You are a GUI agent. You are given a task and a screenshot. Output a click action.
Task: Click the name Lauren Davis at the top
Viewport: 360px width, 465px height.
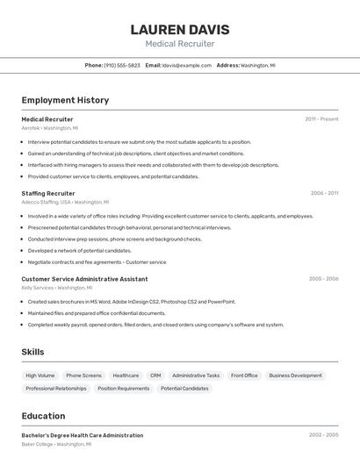pos(180,29)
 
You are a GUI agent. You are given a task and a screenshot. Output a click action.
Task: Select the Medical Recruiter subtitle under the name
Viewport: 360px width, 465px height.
pos(180,44)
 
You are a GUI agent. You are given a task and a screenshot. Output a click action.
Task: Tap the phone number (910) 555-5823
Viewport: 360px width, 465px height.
pos(122,65)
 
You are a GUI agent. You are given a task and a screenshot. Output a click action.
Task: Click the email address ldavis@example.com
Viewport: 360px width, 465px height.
pos(186,65)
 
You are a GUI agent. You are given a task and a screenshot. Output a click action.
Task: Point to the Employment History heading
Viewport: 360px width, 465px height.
pos(65,100)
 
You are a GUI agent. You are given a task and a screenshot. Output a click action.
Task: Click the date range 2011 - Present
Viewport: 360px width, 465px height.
pos(321,118)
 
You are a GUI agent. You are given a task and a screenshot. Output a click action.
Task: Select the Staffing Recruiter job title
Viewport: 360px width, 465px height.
pos(48,193)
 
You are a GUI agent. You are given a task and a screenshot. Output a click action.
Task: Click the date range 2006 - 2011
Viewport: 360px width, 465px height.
pos(324,193)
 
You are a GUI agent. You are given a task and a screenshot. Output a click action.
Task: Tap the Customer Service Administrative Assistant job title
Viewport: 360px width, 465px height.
pos(84,279)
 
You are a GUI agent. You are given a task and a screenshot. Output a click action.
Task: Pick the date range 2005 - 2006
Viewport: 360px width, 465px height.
pos(323,279)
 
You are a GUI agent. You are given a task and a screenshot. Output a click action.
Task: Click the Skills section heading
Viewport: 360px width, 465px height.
pos(33,352)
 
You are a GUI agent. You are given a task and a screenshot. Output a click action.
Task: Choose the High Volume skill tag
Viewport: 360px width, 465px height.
pos(40,376)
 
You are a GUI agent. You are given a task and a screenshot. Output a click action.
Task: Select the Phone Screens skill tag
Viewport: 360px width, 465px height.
pos(83,376)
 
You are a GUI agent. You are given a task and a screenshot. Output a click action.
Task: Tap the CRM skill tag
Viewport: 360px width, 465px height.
pos(155,376)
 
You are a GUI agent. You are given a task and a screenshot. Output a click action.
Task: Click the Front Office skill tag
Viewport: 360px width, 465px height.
pos(244,376)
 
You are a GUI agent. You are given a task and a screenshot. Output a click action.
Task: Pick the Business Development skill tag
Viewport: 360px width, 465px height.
pos(295,376)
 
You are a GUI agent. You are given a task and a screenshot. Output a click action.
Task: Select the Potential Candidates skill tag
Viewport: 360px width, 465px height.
pos(184,388)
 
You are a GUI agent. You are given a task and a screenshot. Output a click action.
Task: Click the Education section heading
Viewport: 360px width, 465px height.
pos(43,416)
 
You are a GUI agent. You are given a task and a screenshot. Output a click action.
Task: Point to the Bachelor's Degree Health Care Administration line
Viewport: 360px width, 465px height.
pos(82,435)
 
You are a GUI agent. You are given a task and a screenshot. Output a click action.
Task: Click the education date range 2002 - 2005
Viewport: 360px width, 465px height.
pos(323,435)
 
